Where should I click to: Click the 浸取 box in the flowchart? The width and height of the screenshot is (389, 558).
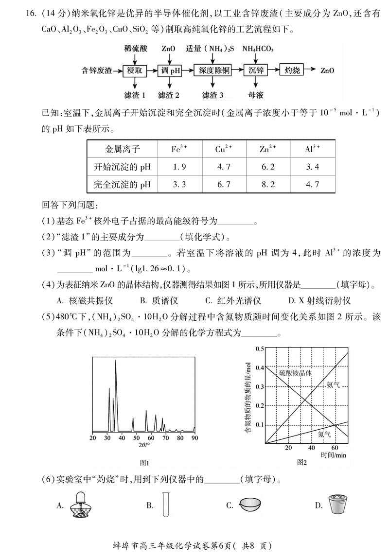134,70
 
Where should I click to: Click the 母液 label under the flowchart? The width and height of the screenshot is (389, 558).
256,95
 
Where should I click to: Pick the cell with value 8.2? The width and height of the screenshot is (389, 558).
268,185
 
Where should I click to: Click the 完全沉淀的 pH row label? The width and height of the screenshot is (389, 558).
123,185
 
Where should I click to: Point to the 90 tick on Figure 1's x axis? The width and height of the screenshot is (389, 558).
194,438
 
